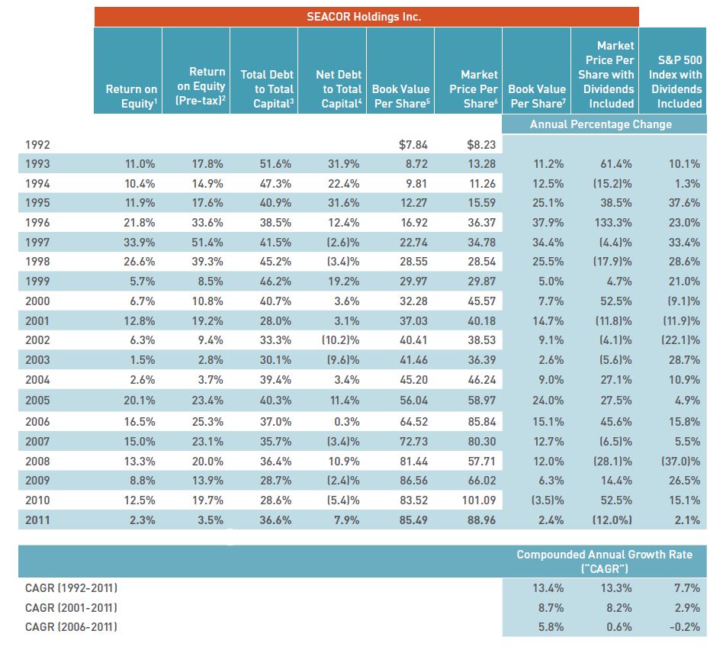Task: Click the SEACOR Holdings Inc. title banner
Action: point(366,17)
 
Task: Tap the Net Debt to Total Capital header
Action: point(334,88)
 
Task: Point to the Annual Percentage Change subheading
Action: point(600,124)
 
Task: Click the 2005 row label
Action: point(38,400)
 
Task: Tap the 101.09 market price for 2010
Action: point(480,500)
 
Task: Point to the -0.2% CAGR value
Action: point(683,627)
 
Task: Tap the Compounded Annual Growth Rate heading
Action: point(605,561)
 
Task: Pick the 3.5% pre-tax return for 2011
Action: point(210,520)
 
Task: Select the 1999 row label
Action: point(38,282)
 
